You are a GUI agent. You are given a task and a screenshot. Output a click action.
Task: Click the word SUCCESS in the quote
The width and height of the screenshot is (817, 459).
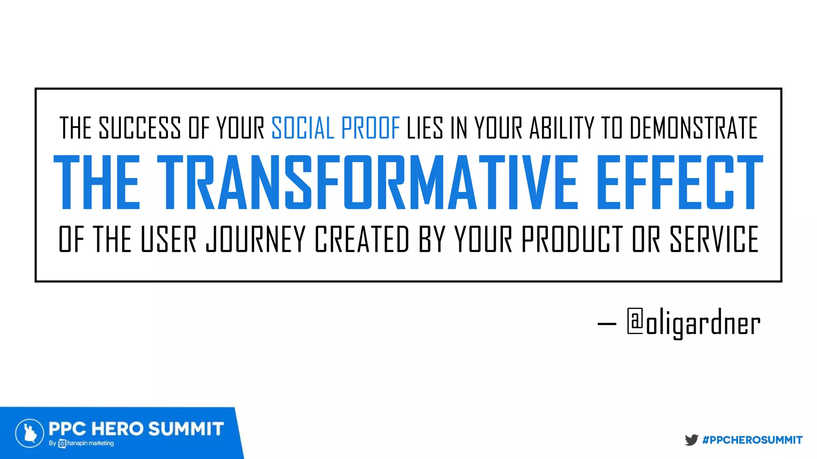click(x=140, y=128)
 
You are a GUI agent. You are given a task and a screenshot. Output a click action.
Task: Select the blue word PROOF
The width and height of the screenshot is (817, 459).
click(x=371, y=128)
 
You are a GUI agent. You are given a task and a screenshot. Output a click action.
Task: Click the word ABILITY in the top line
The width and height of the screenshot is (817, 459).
click(x=562, y=128)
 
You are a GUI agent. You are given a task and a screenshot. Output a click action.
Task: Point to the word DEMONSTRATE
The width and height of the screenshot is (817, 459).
click(x=693, y=128)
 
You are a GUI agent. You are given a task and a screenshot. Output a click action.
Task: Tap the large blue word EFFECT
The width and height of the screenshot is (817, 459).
click(x=679, y=182)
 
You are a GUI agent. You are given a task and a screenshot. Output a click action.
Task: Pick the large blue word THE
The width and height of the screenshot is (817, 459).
click(x=97, y=182)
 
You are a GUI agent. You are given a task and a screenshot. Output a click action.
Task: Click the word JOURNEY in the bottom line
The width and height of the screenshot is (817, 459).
click(x=256, y=239)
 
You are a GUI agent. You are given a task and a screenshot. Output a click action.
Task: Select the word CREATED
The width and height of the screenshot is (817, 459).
click(x=362, y=239)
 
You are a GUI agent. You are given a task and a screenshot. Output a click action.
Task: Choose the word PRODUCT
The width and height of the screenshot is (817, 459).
click(x=572, y=239)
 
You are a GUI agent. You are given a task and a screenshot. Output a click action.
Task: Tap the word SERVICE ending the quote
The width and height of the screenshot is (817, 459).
click(x=714, y=239)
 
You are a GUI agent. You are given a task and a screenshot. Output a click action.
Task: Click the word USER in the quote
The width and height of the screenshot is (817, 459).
click(x=168, y=239)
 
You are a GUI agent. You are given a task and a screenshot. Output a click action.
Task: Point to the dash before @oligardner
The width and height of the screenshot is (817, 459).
click(x=607, y=324)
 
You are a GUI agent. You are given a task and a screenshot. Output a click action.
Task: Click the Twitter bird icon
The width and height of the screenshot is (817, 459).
click(x=691, y=440)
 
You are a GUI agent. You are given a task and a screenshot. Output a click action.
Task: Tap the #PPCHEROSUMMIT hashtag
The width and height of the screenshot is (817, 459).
click(x=752, y=440)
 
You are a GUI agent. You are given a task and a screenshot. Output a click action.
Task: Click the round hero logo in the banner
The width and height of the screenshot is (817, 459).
click(x=30, y=433)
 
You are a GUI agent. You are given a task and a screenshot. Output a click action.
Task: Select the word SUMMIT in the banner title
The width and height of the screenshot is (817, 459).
click(x=186, y=429)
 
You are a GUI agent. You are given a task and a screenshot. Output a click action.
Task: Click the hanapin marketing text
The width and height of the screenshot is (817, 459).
click(x=90, y=443)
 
